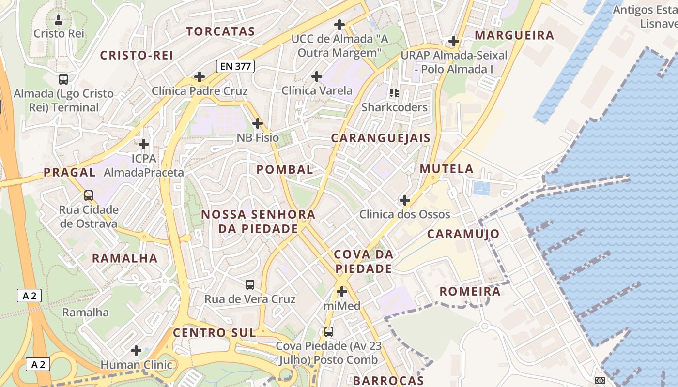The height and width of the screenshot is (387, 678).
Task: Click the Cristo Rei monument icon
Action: [x=59, y=19]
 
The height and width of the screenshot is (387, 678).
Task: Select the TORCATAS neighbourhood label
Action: [x=221, y=31]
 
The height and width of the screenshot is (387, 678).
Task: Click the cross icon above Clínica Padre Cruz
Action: [x=199, y=76]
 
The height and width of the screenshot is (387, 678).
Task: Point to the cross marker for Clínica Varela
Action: [x=317, y=76]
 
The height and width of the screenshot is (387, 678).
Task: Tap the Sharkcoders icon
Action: [x=394, y=92]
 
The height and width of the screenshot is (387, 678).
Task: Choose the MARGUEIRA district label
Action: [x=514, y=35]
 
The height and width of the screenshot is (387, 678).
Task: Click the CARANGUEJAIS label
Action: [x=381, y=138]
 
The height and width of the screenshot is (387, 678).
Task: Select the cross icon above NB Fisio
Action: [x=258, y=123]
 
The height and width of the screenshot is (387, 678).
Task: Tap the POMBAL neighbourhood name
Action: [x=285, y=169]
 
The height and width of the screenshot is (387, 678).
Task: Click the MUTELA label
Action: [x=447, y=169]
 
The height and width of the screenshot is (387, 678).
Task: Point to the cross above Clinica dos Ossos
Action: [x=404, y=200]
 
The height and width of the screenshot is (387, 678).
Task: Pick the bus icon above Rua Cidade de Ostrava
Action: [x=88, y=195]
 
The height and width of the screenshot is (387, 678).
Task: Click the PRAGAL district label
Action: [x=70, y=172]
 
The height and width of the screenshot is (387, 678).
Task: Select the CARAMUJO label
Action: [x=463, y=234]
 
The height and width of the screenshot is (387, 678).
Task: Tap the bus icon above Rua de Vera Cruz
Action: [x=250, y=285]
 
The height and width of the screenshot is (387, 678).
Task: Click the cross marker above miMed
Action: [x=342, y=292]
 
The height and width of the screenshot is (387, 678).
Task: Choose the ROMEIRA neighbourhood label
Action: [x=470, y=292]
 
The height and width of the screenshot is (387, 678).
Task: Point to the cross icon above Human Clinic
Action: [x=136, y=350]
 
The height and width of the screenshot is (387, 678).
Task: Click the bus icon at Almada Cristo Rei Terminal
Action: [x=63, y=79]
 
